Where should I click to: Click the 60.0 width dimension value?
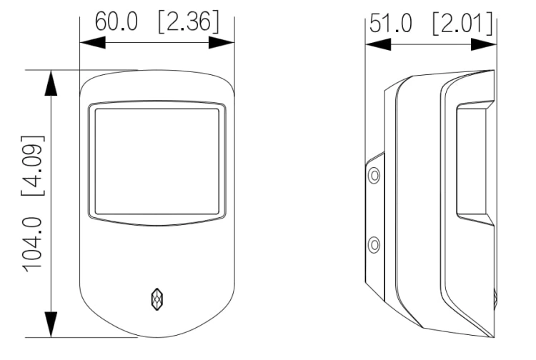point(116,21)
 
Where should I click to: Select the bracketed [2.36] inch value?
point(189,21)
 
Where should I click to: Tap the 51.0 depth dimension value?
point(391,23)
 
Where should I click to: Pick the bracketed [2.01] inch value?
point(462,23)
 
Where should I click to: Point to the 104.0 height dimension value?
point(33,244)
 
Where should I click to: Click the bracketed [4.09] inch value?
point(33,165)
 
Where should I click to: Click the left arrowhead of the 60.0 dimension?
point(93,43)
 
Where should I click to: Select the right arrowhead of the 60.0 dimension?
point(222,43)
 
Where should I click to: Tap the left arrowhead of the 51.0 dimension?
point(378,44)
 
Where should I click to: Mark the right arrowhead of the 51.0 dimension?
point(484,44)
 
